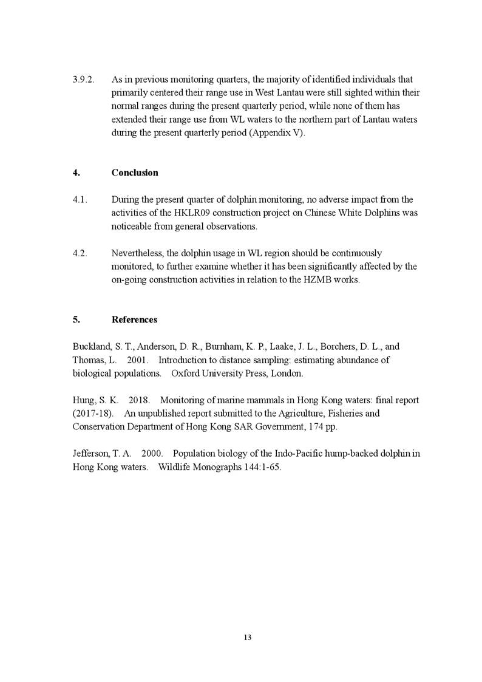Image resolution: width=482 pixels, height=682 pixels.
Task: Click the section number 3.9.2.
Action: (x=82, y=80)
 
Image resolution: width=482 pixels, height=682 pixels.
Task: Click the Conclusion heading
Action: (x=135, y=172)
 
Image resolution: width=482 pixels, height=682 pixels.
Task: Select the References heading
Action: (x=134, y=319)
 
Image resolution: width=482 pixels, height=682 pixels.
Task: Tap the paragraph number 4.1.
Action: (x=79, y=200)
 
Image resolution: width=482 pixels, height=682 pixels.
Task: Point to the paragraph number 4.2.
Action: (x=80, y=253)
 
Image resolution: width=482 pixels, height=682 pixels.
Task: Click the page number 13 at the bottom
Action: (x=247, y=637)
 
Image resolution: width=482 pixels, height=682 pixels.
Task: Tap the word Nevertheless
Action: (x=139, y=253)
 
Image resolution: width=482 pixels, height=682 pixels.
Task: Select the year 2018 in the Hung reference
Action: (x=139, y=400)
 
